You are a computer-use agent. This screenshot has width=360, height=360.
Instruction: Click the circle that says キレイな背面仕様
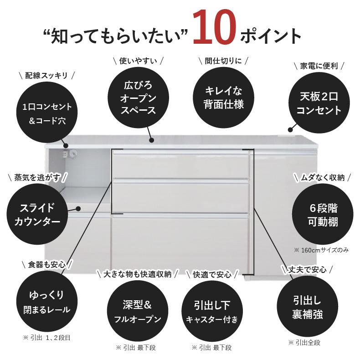click(223, 97)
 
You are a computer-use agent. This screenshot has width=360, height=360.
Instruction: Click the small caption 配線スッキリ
click(46, 75)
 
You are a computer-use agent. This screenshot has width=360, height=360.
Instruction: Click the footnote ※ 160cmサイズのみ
click(321, 250)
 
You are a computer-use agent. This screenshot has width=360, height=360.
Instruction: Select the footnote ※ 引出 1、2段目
click(46, 338)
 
